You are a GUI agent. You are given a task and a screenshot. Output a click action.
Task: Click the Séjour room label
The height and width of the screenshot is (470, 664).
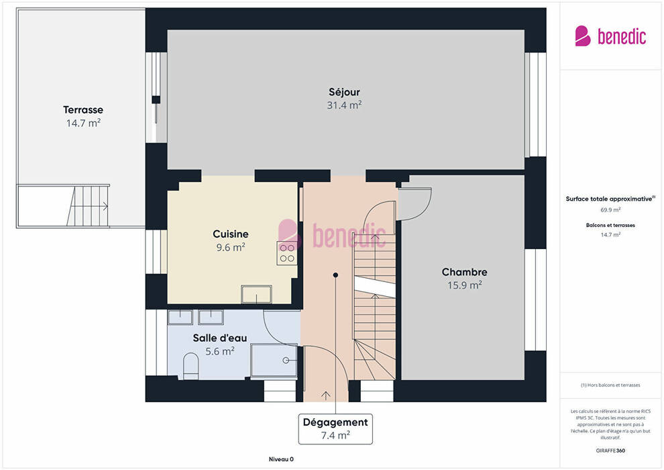[x=344, y=92]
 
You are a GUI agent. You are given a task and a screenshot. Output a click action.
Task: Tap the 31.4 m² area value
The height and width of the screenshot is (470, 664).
[x=344, y=105]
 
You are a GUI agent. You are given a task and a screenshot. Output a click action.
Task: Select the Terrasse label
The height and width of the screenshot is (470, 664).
[x=83, y=109]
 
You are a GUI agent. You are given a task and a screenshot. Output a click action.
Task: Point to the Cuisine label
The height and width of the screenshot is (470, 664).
[x=230, y=234]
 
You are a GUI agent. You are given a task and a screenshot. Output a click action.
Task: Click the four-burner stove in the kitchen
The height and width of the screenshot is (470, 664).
[x=286, y=253]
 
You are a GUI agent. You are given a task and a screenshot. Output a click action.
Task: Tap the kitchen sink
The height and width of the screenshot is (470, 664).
[x=256, y=294]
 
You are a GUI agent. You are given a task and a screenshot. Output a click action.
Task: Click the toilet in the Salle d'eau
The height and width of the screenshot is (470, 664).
[x=191, y=367]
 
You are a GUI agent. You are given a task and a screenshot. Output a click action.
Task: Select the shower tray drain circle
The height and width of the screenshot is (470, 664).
[x=286, y=361]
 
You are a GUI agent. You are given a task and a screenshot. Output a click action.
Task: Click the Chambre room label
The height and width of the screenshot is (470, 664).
[x=465, y=272]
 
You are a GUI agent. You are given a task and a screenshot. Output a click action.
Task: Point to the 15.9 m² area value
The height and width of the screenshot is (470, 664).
[x=465, y=285]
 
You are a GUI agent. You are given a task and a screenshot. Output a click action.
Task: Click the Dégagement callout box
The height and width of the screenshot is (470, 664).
[x=335, y=429]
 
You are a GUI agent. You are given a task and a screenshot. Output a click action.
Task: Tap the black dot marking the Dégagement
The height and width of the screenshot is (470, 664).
[x=335, y=275]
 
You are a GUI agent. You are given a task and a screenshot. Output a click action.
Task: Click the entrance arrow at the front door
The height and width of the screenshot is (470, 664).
[x=326, y=395]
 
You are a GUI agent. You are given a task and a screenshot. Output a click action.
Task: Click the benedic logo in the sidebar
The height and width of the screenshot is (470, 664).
[x=610, y=36]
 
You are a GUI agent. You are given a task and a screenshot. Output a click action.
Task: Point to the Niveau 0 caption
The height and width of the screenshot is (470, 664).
[x=281, y=459]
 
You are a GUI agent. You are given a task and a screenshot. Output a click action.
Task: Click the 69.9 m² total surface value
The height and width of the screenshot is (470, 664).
[x=610, y=209]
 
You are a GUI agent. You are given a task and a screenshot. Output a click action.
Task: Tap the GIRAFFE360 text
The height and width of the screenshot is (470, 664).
[x=610, y=451]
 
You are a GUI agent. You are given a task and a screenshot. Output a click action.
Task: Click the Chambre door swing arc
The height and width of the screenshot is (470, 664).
[x=425, y=211]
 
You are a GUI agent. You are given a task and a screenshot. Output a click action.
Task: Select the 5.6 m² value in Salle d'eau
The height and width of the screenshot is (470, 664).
[x=220, y=351]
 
